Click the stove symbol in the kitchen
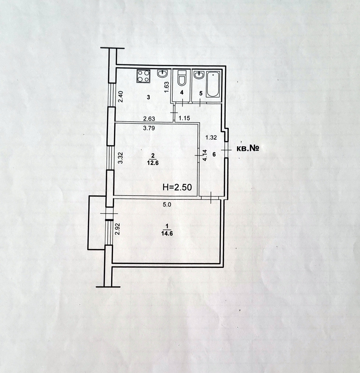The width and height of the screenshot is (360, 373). [x=144, y=76]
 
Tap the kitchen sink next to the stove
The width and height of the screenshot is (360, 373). [x=163, y=74]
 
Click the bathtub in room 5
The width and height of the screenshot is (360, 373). [x=213, y=85]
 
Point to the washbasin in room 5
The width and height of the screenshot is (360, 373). [x=199, y=75]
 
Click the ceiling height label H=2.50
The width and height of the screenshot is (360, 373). [x=177, y=187]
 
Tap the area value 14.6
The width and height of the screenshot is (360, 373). [x=166, y=233]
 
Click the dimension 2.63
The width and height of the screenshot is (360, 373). [x=149, y=119]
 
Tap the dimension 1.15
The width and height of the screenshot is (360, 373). [x=184, y=118]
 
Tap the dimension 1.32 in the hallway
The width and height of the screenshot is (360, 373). [x=210, y=138]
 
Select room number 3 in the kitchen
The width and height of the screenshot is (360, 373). [x=148, y=97]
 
